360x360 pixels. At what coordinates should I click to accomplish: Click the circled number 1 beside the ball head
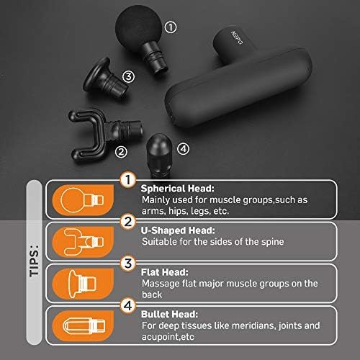(171, 27)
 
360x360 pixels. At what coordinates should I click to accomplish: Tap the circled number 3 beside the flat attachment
(128, 76)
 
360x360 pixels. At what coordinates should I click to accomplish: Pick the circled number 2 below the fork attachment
(121, 152)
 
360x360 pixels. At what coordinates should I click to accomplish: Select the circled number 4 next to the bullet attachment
(183, 149)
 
